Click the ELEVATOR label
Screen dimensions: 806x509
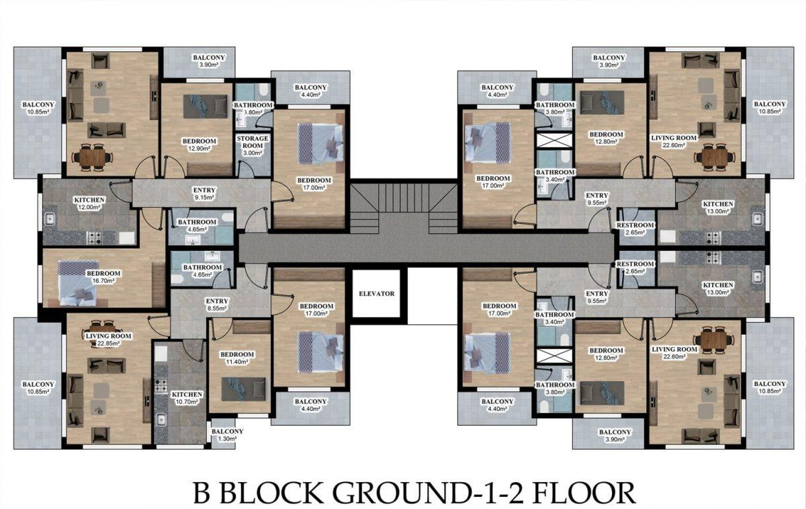click(x=377, y=294)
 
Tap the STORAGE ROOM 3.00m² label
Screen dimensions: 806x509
click(x=253, y=145)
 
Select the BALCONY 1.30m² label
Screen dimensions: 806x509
click(x=228, y=435)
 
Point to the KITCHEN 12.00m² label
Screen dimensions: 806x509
click(x=89, y=204)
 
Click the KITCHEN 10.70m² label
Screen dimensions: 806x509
click(x=187, y=398)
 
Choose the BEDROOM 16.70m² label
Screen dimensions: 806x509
click(x=103, y=277)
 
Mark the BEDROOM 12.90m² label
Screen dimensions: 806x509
click(x=199, y=145)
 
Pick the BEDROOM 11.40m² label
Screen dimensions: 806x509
click(x=236, y=358)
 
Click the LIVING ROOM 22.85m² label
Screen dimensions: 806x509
click(x=108, y=340)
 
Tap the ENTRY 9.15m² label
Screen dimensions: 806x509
click(x=204, y=194)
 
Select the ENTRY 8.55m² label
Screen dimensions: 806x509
click(x=216, y=305)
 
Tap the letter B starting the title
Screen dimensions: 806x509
click(x=202, y=493)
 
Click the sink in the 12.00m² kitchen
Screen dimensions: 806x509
click(x=49, y=219)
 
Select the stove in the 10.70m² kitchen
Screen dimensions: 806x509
click(x=161, y=385)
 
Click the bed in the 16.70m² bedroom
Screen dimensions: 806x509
click(x=79, y=283)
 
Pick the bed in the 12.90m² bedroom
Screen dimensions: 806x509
click(x=206, y=107)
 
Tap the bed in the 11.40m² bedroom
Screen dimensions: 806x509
click(x=244, y=389)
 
